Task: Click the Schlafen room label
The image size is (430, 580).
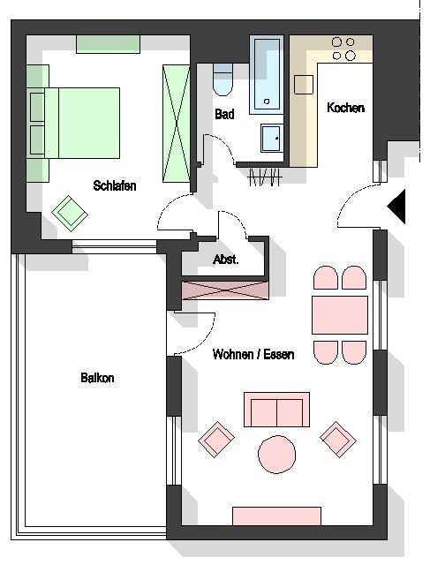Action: pyautogui.click(x=115, y=185)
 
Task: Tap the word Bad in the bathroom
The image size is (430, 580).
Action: pyautogui.click(x=224, y=114)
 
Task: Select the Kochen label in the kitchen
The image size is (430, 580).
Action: pyautogui.click(x=345, y=108)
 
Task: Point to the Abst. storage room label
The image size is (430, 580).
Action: pyautogui.click(x=226, y=260)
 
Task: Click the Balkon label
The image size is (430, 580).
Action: pyautogui.click(x=97, y=378)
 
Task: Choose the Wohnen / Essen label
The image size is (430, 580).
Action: pyautogui.click(x=253, y=354)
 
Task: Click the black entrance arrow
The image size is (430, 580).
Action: pyautogui.click(x=396, y=207)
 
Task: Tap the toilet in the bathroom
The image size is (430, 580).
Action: pyautogui.click(x=223, y=79)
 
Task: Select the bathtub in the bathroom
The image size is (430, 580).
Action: pyautogui.click(x=267, y=75)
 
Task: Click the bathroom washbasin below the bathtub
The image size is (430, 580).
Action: pyautogui.click(x=272, y=139)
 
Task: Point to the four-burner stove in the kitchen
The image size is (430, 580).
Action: pyautogui.click(x=343, y=49)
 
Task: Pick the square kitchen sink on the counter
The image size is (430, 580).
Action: pyautogui.click(x=304, y=85)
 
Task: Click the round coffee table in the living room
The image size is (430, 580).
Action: pyautogui.click(x=276, y=455)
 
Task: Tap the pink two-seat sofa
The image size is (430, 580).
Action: pyautogui.click(x=276, y=410)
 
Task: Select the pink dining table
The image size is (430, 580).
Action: pyautogui.click(x=340, y=315)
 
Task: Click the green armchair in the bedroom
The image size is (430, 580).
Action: pyautogui.click(x=70, y=214)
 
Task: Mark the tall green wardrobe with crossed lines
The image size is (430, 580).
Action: pyautogui.click(x=176, y=124)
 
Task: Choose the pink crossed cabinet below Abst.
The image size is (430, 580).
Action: pyautogui.click(x=224, y=290)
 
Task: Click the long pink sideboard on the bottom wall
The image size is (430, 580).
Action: pyautogui.click(x=276, y=516)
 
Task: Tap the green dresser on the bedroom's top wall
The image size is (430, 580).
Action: pyautogui.click(x=108, y=44)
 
